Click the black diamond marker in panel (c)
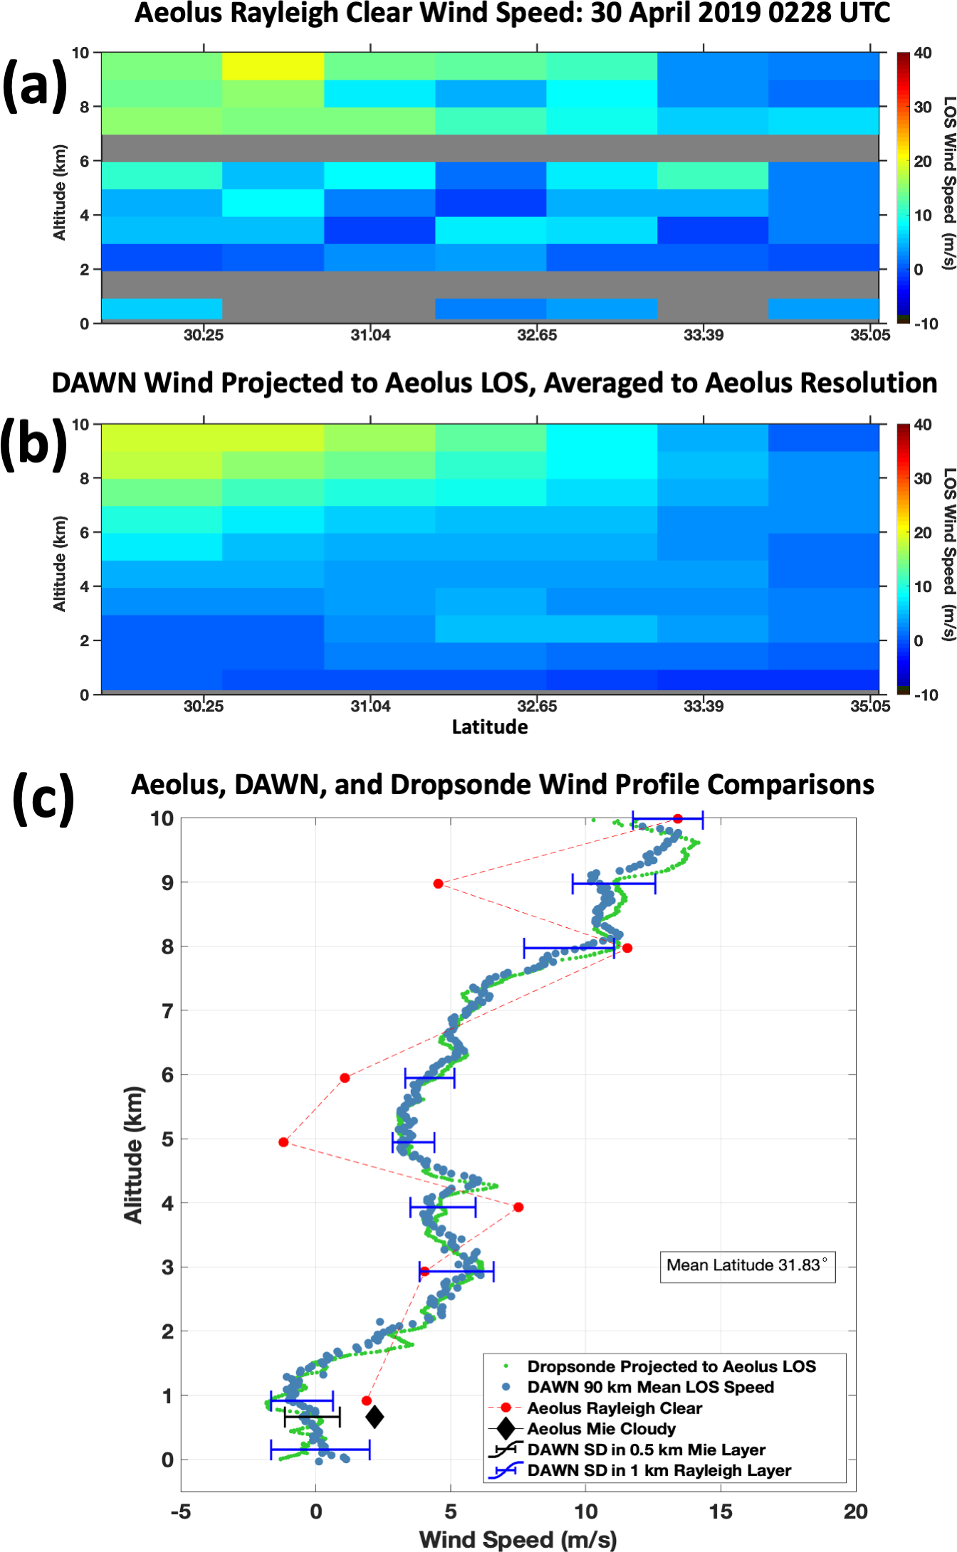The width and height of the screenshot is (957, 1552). pos(375,1417)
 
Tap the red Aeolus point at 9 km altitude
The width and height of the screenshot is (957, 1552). pos(439,884)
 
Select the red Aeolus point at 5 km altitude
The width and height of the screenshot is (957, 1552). pos(283,1142)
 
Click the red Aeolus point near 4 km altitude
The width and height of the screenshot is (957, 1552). pos(518,1207)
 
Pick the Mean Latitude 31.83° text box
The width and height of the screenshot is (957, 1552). pos(747,1265)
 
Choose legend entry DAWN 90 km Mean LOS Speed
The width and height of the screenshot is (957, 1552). pos(650,1387)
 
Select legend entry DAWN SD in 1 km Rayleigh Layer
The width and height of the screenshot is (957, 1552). pos(659,1471)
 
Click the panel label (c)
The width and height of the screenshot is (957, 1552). pos(43,798)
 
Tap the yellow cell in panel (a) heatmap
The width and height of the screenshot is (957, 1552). pos(273,66)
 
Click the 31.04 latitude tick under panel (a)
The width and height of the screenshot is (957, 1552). pos(370,335)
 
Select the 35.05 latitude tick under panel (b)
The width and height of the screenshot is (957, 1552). pos(869,707)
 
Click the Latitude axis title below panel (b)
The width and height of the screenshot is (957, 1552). pos(490,727)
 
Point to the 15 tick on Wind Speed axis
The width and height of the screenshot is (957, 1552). pos(721,1512)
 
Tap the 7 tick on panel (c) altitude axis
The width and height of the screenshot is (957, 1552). pos(167,1011)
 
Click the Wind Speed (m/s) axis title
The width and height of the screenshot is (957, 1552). pos(518,1540)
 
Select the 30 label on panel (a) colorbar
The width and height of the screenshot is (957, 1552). pos(923,107)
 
